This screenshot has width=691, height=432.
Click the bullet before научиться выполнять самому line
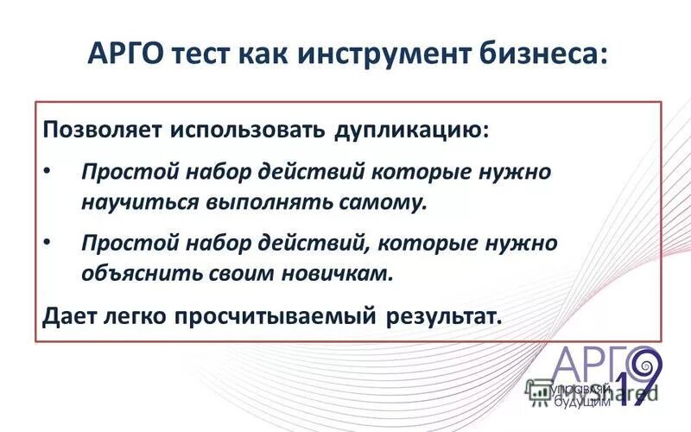click(48, 170)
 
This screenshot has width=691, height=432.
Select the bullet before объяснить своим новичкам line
click(48, 242)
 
